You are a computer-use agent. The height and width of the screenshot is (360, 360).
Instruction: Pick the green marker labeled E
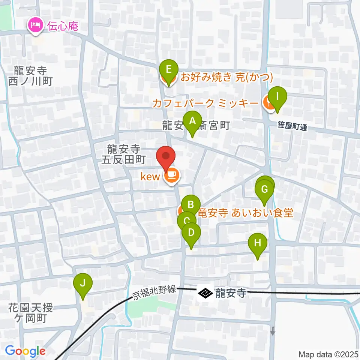pos(169,70)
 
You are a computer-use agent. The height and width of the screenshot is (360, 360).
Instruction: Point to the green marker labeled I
pos(277,96)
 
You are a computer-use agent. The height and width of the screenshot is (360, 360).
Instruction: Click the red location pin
pos(166,157)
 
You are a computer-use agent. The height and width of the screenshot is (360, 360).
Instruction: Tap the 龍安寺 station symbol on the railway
pos(205,293)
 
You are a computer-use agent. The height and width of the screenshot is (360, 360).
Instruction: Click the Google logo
pos(25,351)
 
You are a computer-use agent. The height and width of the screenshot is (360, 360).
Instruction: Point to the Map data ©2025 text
pos(328,354)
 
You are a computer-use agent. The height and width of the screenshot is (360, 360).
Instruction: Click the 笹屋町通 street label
pos(293,127)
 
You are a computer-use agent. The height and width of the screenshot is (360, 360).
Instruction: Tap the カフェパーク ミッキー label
pos(205,103)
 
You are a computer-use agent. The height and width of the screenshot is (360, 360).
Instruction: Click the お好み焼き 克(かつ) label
pos(226,78)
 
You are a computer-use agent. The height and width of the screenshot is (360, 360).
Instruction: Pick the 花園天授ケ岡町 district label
pos(31,313)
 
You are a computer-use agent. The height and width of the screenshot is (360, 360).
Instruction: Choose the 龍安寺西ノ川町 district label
pos(30,75)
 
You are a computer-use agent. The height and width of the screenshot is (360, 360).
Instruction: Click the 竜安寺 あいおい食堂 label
pos(245,213)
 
